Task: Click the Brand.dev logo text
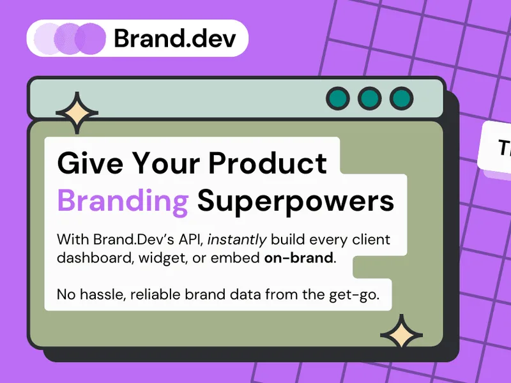(x=174, y=38)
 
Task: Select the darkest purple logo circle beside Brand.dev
(x=90, y=39)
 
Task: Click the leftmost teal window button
(x=338, y=98)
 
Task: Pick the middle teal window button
(x=370, y=98)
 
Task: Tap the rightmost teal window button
(x=402, y=98)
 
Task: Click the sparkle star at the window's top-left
(x=77, y=113)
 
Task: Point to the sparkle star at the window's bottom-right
(x=402, y=334)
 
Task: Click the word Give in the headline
(x=90, y=163)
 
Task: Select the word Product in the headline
(x=268, y=163)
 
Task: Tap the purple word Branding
(x=123, y=202)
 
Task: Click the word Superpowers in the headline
(x=296, y=202)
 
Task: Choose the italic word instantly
(x=237, y=240)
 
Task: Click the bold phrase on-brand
(x=298, y=258)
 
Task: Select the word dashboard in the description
(x=95, y=258)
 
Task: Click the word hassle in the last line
(x=102, y=294)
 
